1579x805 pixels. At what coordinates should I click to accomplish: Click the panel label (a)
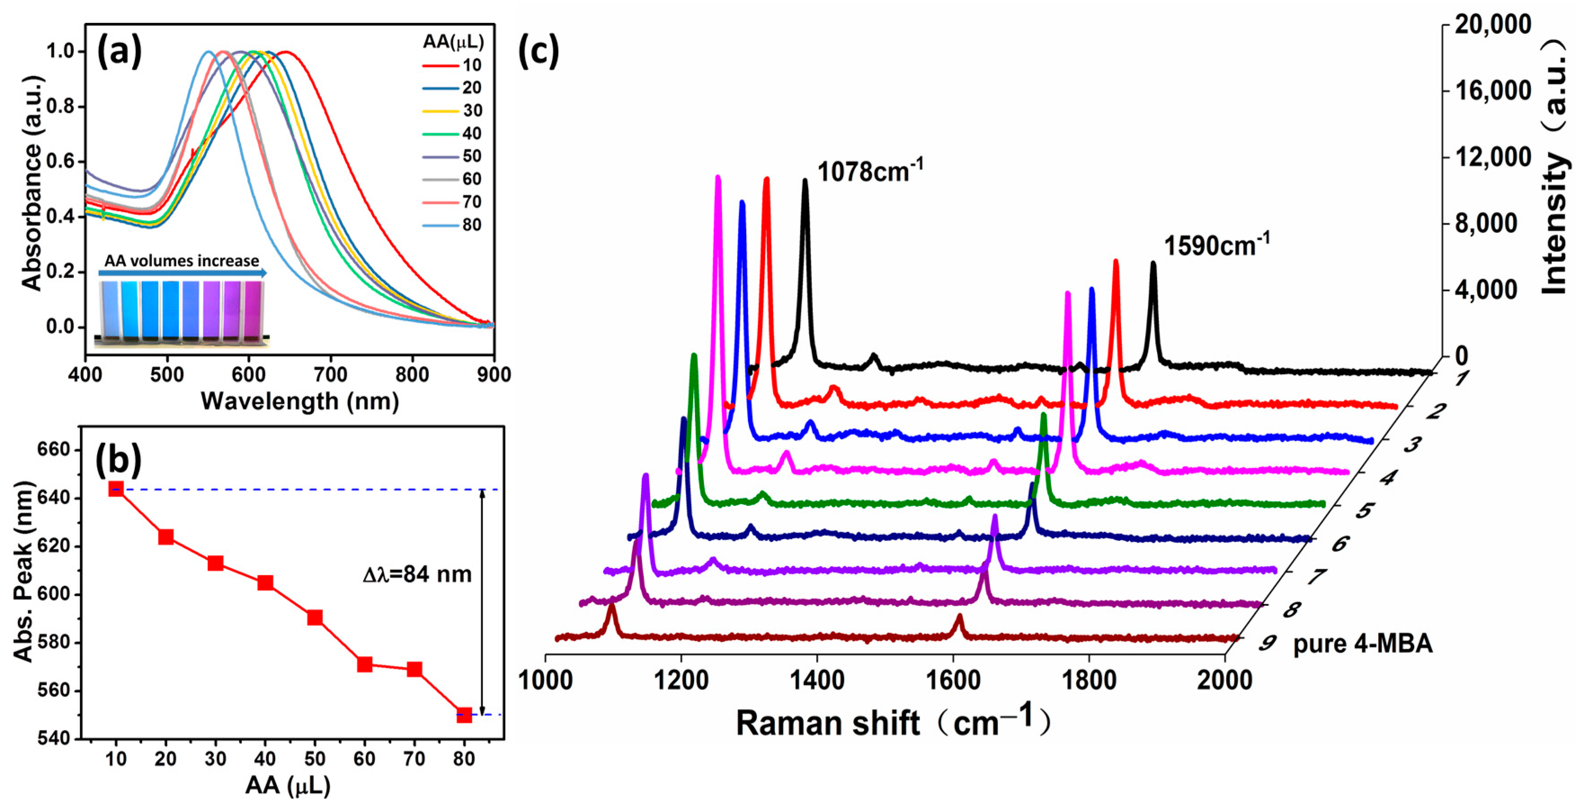coord(120,52)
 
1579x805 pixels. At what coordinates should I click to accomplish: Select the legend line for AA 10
coord(440,65)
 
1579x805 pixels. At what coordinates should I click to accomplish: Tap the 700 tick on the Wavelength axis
coord(330,374)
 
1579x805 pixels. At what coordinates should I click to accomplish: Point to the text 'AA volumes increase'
coord(182,260)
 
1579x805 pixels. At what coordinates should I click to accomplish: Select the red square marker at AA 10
coord(116,489)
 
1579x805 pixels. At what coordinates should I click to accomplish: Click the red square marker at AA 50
coord(315,617)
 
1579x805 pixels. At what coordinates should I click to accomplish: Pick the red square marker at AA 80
coord(464,715)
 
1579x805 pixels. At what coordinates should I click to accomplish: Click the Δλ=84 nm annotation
coord(417,574)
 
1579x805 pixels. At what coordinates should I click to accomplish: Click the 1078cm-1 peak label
coord(870,171)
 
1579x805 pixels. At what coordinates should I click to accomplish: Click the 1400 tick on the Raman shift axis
coord(817,680)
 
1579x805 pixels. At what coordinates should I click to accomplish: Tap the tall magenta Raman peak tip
coord(718,178)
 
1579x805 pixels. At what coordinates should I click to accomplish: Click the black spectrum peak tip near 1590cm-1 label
coord(1153,264)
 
